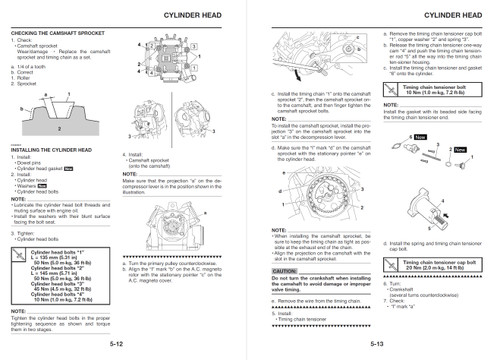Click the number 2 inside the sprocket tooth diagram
(x=32, y=130)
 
